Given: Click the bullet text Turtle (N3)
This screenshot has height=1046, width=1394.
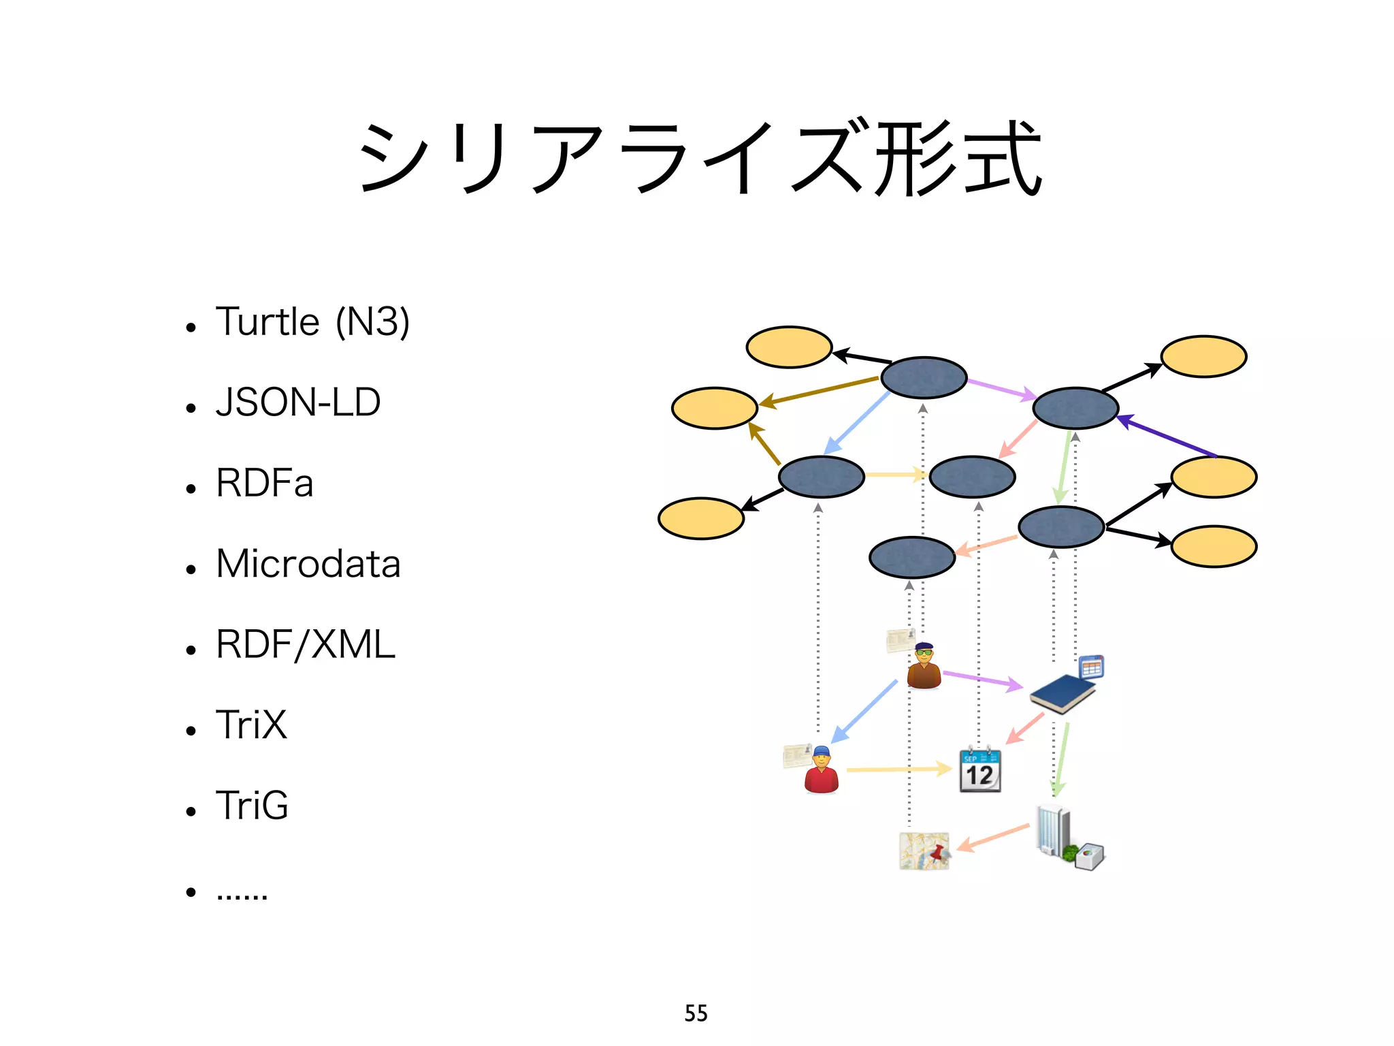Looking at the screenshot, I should click(x=312, y=322).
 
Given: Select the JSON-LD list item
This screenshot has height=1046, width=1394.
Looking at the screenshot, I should click(x=298, y=402).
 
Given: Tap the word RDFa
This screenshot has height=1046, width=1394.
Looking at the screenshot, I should click(x=264, y=483).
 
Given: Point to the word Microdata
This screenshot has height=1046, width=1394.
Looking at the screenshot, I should click(x=308, y=564).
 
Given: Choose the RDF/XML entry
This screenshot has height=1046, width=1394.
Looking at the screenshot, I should click(x=305, y=644).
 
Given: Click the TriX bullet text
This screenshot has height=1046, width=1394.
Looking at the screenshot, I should click(x=251, y=725).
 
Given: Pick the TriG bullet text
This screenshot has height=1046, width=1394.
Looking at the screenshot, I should click(x=252, y=806).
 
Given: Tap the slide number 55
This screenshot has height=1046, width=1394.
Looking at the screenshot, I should click(x=696, y=1013).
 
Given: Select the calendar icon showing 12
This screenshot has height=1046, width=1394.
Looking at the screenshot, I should click(x=980, y=770).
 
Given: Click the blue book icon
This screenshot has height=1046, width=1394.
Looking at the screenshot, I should click(x=1063, y=693).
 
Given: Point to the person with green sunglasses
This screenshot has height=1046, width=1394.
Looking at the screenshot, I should click(x=924, y=667).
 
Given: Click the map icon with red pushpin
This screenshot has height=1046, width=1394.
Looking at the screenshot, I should click(x=924, y=851).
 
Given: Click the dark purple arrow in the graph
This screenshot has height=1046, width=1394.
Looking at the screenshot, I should click(x=1167, y=436).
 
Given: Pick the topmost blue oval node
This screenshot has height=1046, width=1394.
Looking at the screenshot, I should click(x=924, y=377).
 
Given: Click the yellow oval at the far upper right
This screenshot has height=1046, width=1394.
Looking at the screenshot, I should click(x=1203, y=356).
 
